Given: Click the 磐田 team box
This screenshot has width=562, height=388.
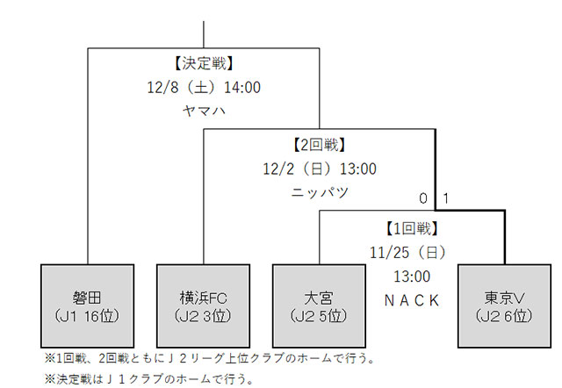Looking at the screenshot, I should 88,306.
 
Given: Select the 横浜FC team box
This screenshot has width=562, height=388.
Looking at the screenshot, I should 203,306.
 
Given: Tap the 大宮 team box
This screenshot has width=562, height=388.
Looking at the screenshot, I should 319,306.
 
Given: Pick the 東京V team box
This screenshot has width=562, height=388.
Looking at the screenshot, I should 504,306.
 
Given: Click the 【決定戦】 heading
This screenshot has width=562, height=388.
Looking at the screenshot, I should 204,64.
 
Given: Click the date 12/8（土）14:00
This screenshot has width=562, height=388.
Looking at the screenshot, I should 204,88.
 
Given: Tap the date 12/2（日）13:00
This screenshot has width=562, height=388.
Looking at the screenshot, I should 320,168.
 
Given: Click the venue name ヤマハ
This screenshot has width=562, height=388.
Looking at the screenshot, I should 204,111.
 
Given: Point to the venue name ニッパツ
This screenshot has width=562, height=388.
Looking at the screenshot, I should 320,191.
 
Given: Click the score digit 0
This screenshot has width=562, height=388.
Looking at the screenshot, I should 423,199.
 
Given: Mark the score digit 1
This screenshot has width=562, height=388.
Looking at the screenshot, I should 445,199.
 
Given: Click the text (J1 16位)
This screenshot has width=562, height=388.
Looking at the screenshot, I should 88,315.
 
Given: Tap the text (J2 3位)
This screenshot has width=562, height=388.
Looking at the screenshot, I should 203,315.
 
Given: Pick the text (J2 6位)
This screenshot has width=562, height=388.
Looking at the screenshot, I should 504,315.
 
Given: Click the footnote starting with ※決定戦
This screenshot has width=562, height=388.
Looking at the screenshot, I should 148,379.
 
